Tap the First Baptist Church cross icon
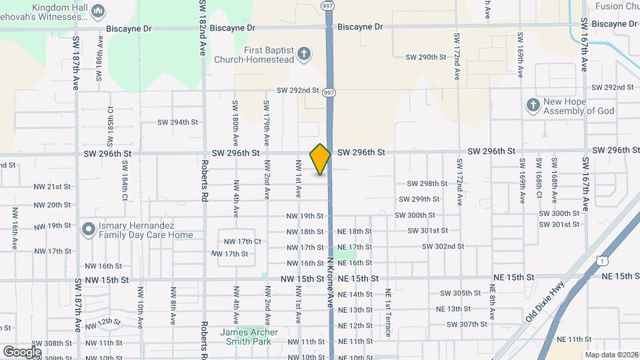304,54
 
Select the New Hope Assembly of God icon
533,105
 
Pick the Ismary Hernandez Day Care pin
88,229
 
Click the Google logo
22,351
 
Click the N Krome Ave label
331,283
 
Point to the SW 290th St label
425,57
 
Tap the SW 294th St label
178,122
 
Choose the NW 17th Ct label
243,241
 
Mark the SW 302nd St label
443,246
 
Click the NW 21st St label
52,187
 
